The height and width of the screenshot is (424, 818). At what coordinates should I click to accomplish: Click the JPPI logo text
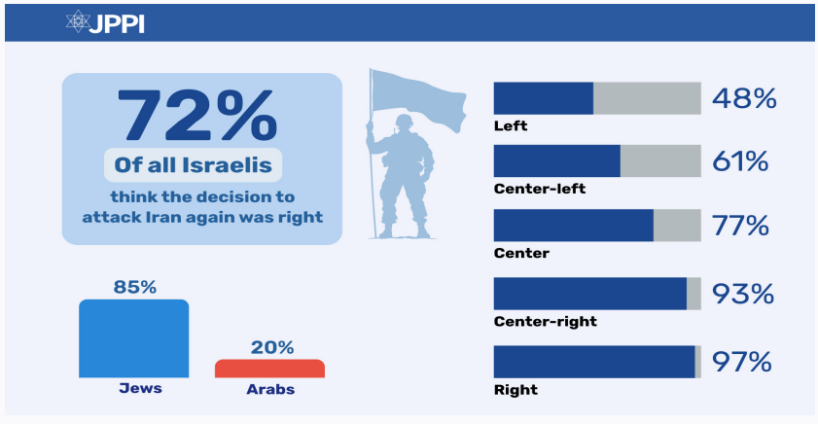117,21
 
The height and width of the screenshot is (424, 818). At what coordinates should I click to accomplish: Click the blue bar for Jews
133,337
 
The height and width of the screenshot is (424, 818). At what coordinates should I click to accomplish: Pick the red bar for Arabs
269,368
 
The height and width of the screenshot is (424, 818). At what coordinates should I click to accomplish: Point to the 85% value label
133,287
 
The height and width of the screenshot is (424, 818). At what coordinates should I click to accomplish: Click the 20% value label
270,347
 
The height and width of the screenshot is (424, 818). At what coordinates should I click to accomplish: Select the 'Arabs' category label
268,389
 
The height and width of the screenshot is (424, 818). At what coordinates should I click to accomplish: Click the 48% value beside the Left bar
744,98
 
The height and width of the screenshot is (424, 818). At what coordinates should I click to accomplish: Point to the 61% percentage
743,161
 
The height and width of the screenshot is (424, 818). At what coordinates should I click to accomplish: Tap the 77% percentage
743,227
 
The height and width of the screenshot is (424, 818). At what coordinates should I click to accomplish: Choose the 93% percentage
743,294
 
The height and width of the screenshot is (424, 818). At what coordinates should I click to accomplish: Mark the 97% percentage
743,362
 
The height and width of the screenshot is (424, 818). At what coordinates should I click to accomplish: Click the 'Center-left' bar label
539,189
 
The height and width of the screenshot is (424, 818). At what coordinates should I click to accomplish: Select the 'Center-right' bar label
545,321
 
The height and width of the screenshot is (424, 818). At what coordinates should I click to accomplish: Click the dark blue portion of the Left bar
543,98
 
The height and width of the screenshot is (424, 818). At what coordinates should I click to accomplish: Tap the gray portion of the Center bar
677,226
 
